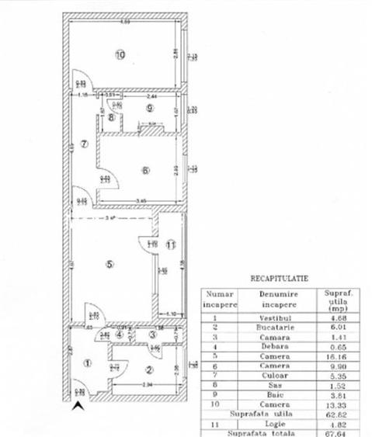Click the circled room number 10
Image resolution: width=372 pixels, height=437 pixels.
pyautogui.click(x=120, y=55)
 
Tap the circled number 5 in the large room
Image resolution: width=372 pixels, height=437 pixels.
pyautogui.click(x=110, y=264)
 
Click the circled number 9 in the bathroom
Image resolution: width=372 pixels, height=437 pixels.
pyautogui.click(x=150, y=108)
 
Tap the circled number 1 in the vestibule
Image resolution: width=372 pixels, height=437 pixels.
pyautogui.click(x=87, y=362)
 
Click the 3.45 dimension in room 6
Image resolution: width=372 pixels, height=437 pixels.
pyautogui.click(x=141, y=201)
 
